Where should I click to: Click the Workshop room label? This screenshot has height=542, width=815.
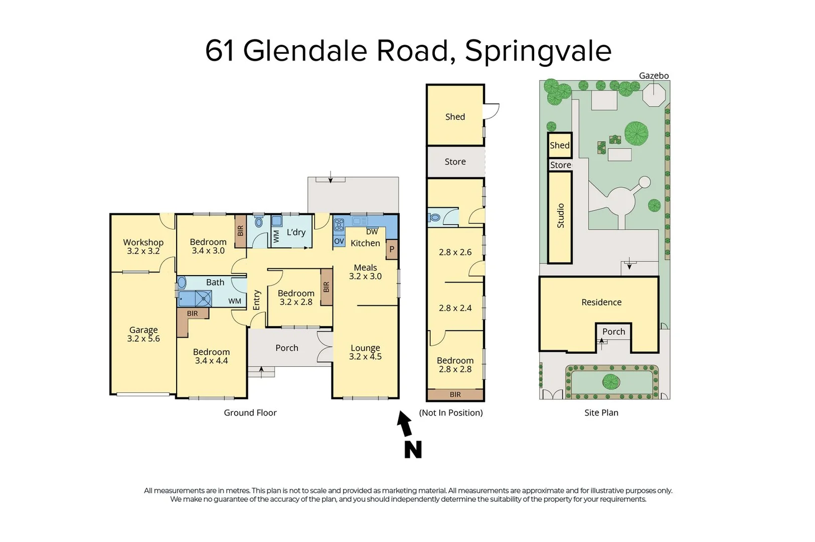click(x=143, y=243)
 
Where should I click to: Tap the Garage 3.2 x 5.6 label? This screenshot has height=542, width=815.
click(x=143, y=334)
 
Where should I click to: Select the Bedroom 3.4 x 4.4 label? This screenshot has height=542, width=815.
click(x=211, y=356)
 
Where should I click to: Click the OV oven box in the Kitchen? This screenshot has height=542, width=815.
click(x=339, y=241)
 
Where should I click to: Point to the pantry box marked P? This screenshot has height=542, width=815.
click(x=392, y=249)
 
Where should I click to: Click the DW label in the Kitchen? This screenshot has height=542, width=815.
click(x=372, y=232)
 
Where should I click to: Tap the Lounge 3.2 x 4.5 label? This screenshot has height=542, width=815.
click(x=365, y=352)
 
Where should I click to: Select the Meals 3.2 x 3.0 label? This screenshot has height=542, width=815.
click(x=365, y=272)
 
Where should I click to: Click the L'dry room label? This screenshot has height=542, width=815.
click(x=296, y=232)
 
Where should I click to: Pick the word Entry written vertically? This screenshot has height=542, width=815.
click(x=257, y=300)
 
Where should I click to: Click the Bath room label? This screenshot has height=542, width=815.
click(x=215, y=283)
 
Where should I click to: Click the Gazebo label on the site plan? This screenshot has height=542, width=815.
click(x=654, y=76)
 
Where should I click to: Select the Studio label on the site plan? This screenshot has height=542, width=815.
click(x=561, y=216)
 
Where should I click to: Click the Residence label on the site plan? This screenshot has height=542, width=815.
click(x=601, y=302)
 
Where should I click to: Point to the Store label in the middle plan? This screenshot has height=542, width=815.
click(x=455, y=162)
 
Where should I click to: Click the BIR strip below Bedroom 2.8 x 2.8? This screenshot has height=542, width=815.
click(x=455, y=394)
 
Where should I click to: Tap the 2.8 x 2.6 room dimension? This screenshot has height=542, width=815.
click(x=455, y=252)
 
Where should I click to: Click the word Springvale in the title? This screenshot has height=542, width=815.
click(x=538, y=51)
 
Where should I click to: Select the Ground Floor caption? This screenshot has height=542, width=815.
click(x=250, y=413)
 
